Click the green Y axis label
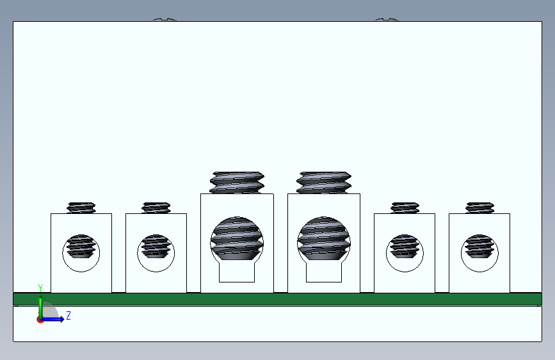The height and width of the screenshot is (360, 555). tap(40, 288)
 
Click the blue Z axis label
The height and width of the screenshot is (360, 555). tap(68, 315)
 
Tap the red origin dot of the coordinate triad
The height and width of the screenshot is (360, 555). tap(40, 320)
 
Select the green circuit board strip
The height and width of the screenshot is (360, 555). tap(277, 299)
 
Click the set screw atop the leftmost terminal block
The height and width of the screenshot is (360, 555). tap(81, 208)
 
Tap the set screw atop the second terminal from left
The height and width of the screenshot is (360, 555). tap(156, 208)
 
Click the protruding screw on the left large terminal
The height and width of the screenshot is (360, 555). tap(237, 183)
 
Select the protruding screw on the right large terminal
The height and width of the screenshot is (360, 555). tap(324, 183)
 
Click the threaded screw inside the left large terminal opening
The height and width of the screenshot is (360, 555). tap(237, 238)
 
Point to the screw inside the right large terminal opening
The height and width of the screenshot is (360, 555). tap(324, 238)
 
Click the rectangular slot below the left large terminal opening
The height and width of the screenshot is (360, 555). tap(237, 272)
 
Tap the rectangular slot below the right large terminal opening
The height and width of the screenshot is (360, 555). tap(324, 272)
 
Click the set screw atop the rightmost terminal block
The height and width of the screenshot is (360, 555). tap(479, 208)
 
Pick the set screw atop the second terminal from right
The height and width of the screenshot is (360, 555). tap(405, 208)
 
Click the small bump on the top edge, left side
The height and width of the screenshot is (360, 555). tap(165, 19)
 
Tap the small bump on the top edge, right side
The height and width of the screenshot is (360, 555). tap(387, 19)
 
